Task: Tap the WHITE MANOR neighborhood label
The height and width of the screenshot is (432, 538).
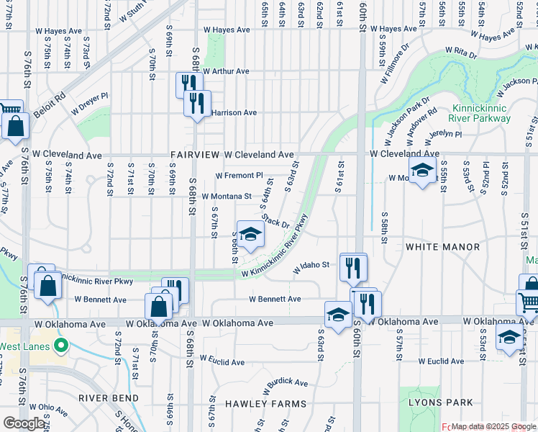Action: coord(442,247)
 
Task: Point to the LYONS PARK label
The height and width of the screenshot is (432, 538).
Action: coord(440,402)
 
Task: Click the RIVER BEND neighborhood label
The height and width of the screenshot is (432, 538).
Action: coord(109,398)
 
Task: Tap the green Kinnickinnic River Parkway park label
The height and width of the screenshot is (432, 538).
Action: coord(479,113)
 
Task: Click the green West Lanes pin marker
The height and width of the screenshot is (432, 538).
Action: coord(61,346)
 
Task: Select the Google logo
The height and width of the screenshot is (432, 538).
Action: coord(23,423)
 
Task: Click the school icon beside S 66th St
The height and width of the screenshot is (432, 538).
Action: coord(250,235)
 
